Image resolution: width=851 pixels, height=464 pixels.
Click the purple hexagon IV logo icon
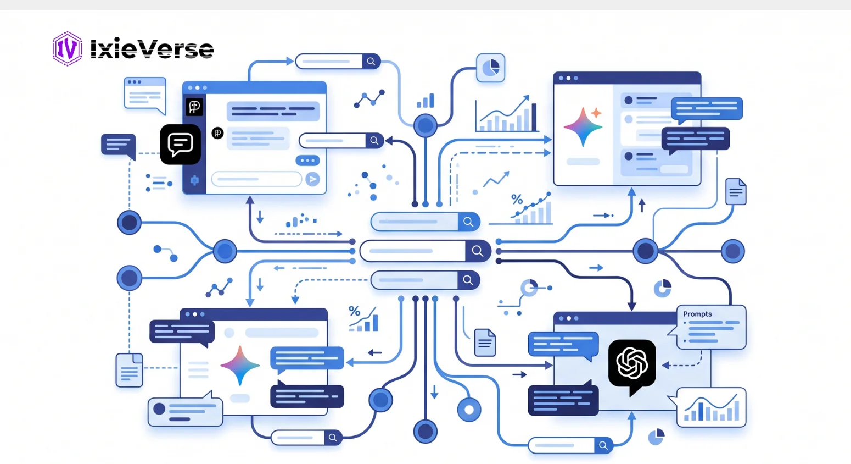point(67,49)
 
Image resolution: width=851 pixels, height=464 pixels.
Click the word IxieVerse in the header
point(152,49)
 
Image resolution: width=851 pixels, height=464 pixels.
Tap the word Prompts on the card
point(697,314)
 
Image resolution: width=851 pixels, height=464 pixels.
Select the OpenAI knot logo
point(632,363)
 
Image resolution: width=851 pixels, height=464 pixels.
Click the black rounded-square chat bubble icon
point(181,144)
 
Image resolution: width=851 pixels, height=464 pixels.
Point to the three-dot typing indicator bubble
point(307,161)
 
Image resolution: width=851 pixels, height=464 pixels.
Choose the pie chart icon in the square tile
point(490,68)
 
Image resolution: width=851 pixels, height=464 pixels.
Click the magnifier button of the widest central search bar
point(478,251)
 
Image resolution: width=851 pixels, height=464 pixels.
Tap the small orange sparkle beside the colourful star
point(596,113)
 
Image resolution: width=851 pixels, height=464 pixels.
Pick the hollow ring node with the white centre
point(469,410)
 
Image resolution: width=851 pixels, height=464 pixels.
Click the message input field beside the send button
point(256,179)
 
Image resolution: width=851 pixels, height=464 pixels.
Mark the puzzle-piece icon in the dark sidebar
point(194,180)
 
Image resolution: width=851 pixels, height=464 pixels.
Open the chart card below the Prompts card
point(711,407)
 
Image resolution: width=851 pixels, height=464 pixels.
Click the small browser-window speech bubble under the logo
point(145,95)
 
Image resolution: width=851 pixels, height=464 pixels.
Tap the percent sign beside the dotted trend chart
point(517,200)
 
